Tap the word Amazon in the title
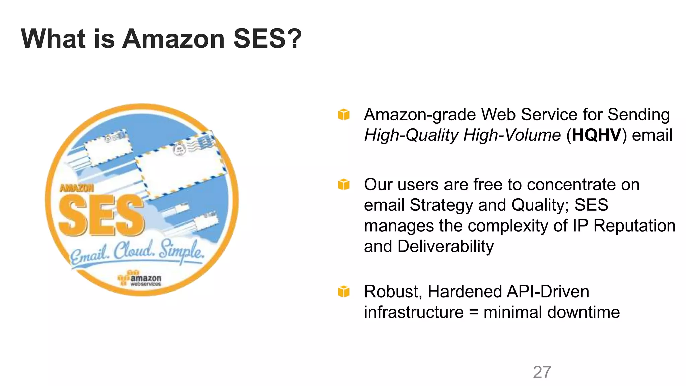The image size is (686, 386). coord(174,39)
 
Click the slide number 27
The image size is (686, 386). coord(542,372)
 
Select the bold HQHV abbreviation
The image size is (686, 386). coord(597,135)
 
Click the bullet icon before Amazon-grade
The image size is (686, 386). coord(344,115)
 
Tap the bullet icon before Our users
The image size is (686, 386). coord(344,184)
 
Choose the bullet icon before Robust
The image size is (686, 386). coord(344,292)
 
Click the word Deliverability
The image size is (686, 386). coord(445,246)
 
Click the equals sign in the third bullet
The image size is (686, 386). coord(473,312)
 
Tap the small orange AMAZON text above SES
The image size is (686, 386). coord(77,188)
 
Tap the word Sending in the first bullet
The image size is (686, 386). coord(638,115)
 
